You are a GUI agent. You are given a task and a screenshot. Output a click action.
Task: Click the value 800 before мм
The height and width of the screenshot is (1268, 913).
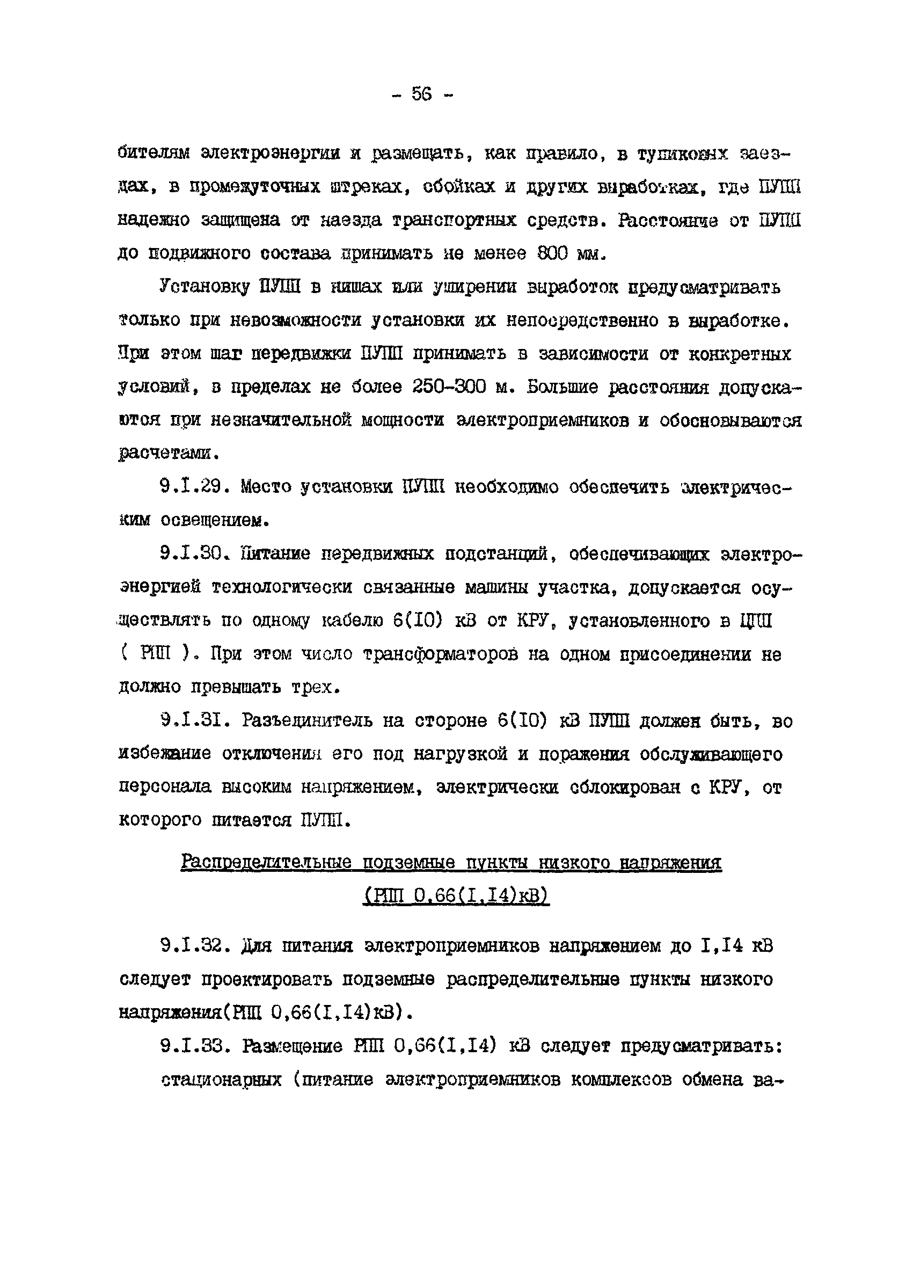point(552,254)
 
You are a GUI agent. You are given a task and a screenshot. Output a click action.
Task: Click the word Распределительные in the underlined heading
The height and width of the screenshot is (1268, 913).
point(266,862)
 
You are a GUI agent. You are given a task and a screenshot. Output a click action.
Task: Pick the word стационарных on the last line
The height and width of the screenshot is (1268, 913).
point(221,1079)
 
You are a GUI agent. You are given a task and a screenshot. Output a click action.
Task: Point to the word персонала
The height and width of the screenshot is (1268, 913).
point(165,788)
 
